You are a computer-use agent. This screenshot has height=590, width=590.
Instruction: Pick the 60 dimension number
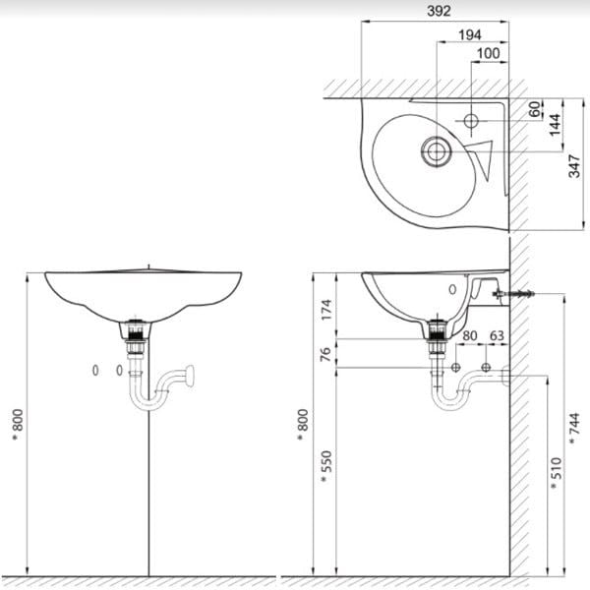click(535, 110)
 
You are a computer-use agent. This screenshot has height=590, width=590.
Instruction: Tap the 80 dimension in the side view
click(470, 336)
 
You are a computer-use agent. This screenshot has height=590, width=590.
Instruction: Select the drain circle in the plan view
click(435, 150)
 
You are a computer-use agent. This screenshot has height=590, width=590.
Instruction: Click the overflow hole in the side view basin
click(452, 290)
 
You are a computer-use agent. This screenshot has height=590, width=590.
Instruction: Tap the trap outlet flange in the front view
click(193, 373)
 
